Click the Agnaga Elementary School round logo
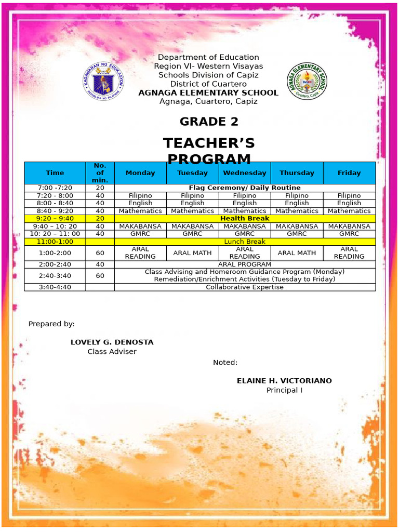click(x=307, y=82)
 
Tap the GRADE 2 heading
click(x=209, y=122)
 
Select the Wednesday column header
click(x=245, y=173)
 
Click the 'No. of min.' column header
click(x=100, y=173)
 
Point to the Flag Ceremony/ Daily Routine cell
click(x=245, y=188)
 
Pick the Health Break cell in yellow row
click(x=245, y=219)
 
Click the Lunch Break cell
click(x=245, y=242)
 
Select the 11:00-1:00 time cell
click(x=55, y=242)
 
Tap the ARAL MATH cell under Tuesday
click(x=193, y=253)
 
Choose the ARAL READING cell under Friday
click(x=349, y=253)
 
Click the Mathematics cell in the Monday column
click(x=140, y=211)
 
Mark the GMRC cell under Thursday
click(x=297, y=234)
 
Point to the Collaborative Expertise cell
click(x=245, y=287)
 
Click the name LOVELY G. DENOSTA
click(x=112, y=342)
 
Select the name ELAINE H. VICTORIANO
click(x=284, y=381)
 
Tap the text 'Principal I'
click(x=284, y=390)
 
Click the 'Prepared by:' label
click(x=51, y=324)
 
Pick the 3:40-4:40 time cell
click(x=55, y=287)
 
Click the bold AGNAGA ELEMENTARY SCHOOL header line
click(x=208, y=93)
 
